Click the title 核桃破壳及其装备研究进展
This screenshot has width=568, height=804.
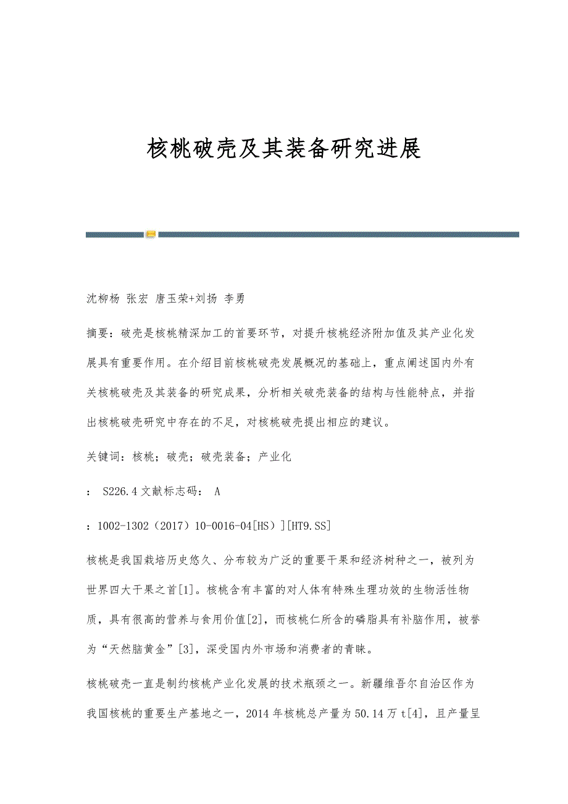coord(284,149)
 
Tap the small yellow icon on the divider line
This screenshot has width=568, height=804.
coord(151,235)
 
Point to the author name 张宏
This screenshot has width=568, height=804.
coord(137,299)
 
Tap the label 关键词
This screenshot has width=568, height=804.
coord(104,457)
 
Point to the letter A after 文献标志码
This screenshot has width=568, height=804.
coord(217,492)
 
